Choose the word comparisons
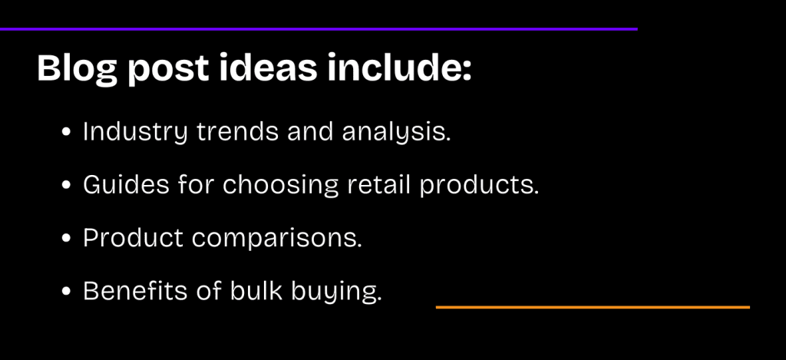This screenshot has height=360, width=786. click(277, 239)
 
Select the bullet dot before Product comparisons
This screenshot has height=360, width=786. click(68, 239)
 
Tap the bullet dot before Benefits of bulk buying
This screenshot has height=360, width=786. click(68, 292)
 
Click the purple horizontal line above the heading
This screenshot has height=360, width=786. click(319, 28)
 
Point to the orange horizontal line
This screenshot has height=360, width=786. click(593, 307)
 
